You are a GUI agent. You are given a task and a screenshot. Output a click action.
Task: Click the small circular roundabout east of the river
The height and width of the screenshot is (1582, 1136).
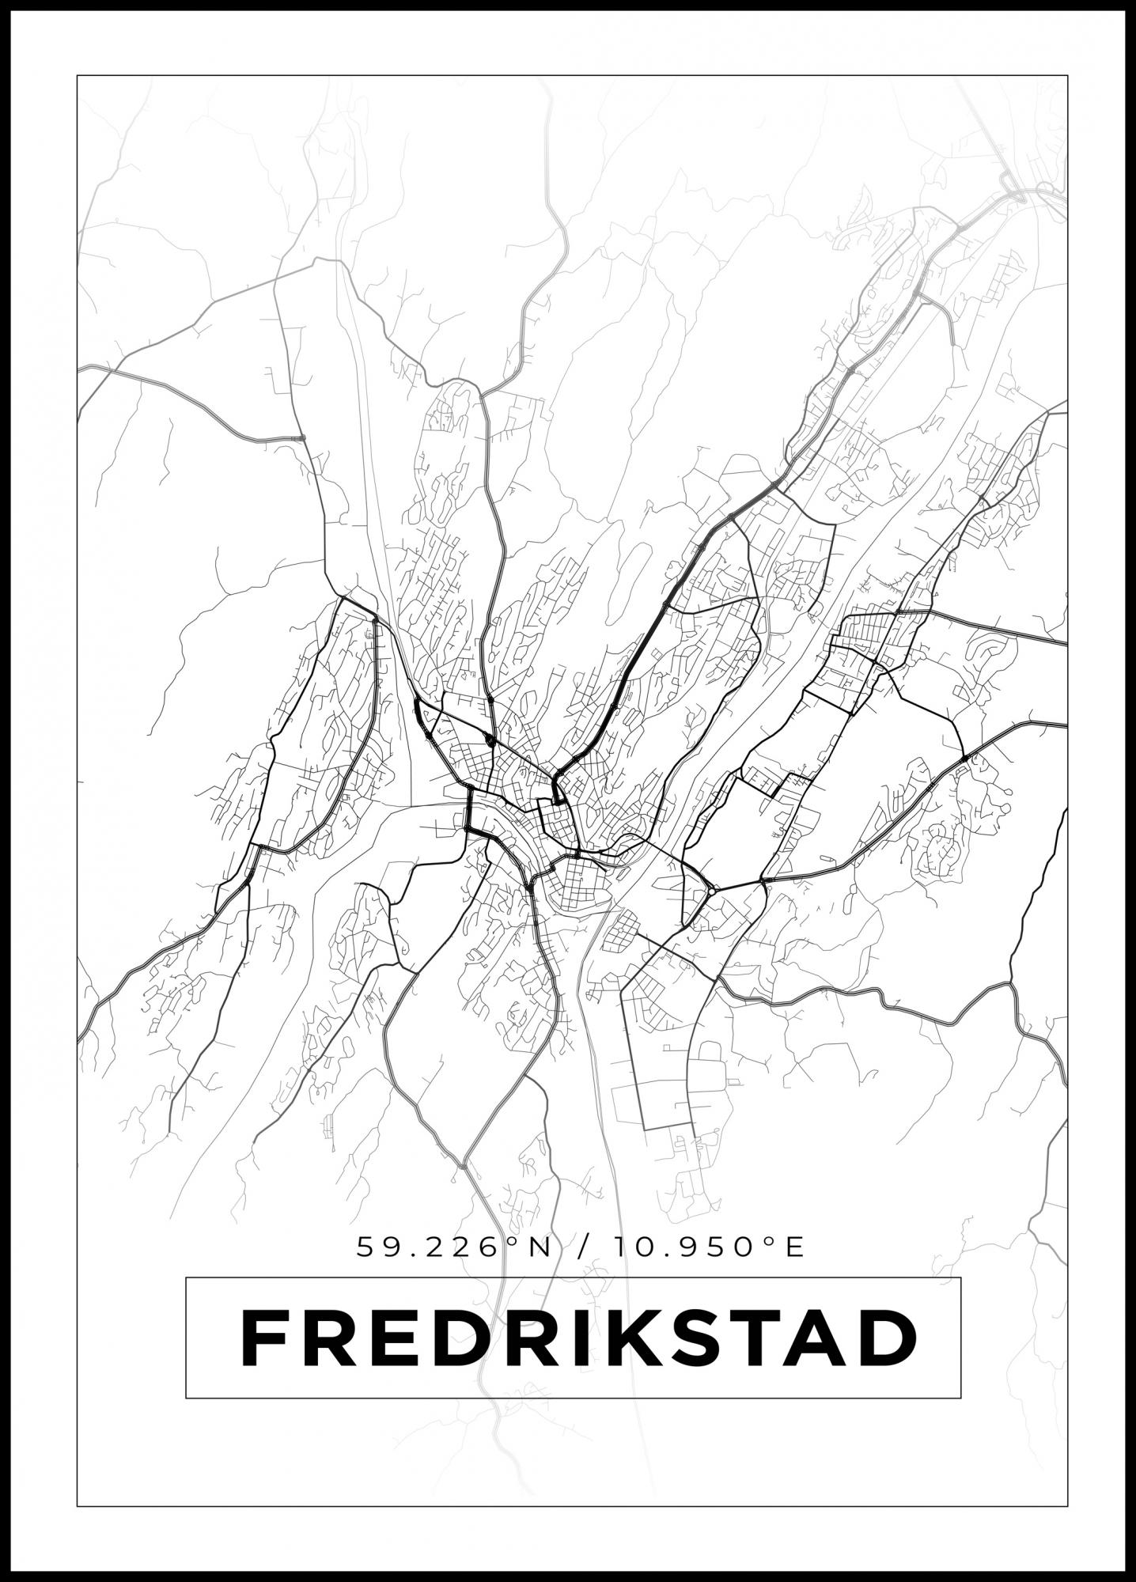pos(713,891)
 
